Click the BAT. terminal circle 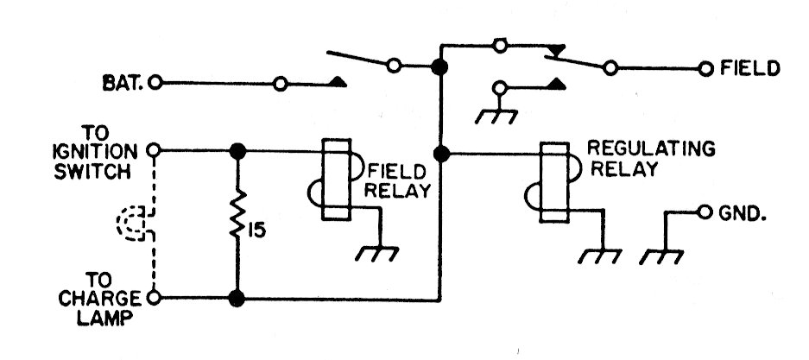(155, 84)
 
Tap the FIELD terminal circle (705, 67)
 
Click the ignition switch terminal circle (155, 149)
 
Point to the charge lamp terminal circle (155, 299)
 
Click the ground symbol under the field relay (377, 253)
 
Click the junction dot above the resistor (236, 149)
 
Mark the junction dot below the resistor (236, 299)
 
